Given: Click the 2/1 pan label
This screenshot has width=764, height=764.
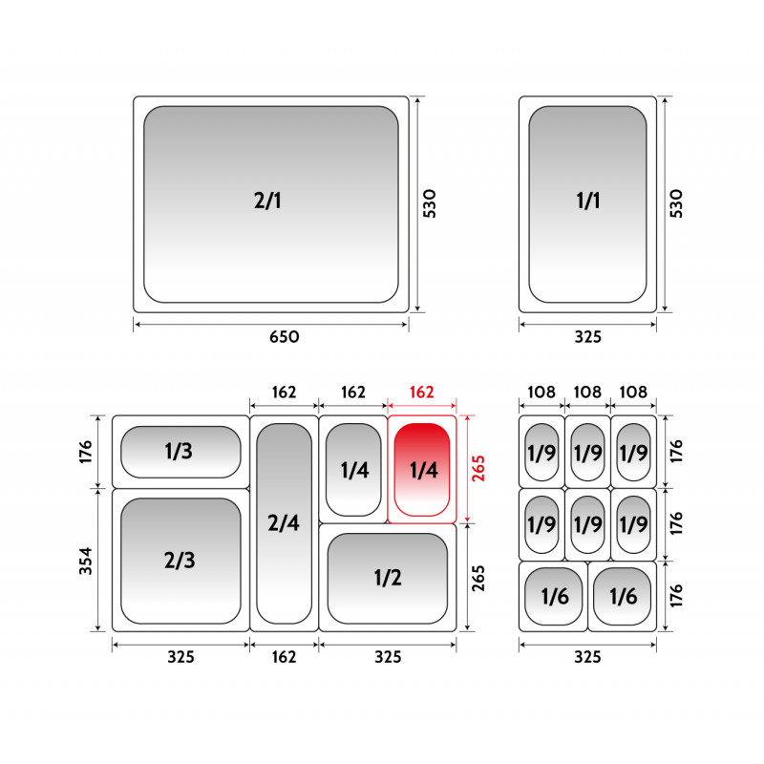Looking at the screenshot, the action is coord(267,201).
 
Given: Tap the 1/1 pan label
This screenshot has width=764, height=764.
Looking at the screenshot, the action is coord(588,201).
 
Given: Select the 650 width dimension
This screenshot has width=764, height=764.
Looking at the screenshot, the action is coord(285,337).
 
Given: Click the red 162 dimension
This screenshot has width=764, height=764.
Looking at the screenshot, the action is coord(421,393).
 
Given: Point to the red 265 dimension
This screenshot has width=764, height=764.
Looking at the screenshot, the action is coord(478,468).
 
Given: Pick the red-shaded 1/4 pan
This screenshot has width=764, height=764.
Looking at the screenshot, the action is coord(422,469).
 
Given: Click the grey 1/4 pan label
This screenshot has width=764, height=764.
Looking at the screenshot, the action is coord(354,470).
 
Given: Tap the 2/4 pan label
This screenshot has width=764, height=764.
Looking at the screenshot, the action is coord(284,522).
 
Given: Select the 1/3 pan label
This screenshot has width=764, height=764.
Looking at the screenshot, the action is coord(179,451).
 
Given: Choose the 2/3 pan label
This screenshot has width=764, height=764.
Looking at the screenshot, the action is coord(180,561).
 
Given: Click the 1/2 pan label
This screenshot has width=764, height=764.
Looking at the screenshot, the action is coord(388,578).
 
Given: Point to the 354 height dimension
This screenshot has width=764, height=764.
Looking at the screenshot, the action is coord(86,561).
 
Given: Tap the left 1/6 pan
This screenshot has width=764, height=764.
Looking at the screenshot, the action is coord(554,596).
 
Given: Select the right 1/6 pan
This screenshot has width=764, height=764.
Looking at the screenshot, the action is coord(623,596).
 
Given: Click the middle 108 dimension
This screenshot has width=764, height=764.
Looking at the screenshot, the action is coord(587,393).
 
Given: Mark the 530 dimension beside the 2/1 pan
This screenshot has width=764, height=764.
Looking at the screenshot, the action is coord(429,203).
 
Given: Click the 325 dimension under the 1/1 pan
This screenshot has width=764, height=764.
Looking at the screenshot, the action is coord(588,337).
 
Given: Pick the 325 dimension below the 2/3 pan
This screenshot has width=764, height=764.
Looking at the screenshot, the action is coord(181,657).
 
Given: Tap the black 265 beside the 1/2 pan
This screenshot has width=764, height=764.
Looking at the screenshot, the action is coord(478,578).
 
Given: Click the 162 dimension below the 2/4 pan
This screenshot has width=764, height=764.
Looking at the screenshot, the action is coord(284,657).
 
